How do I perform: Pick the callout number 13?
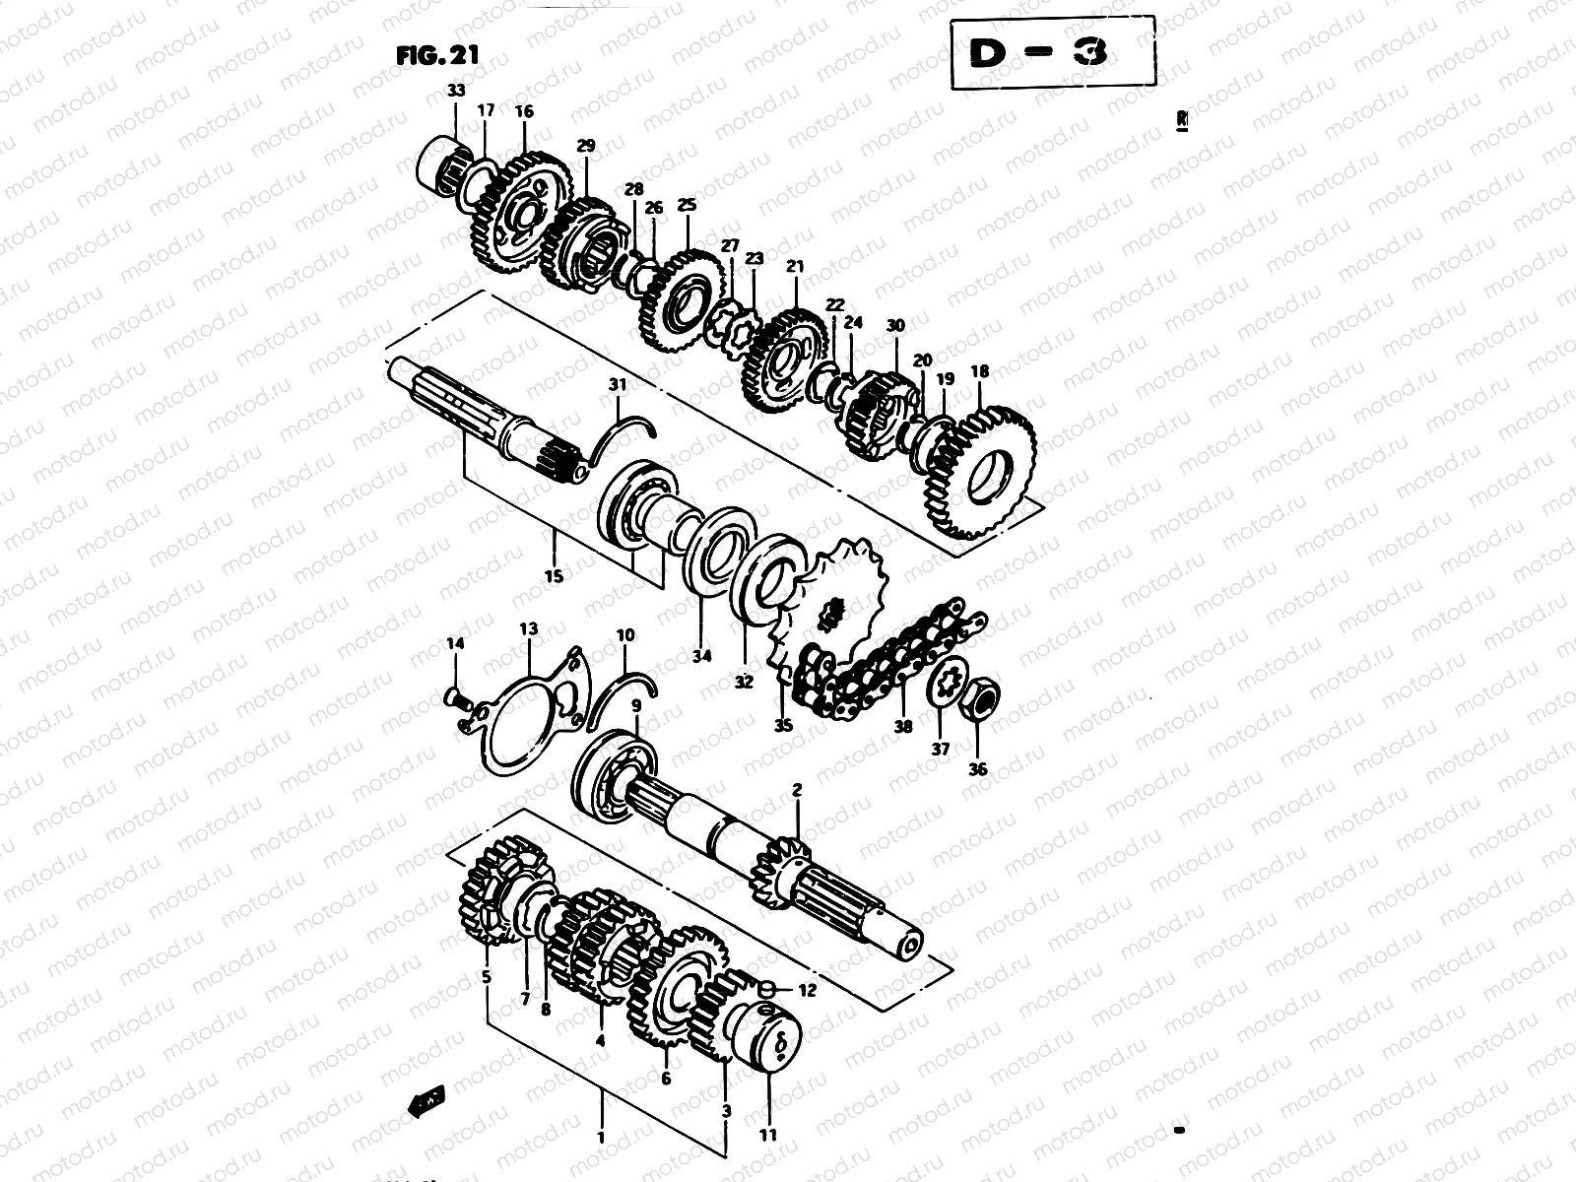pos(529,628)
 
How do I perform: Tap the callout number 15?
pos(554,576)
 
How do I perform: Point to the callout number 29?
pos(586,146)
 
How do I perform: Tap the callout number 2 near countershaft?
pos(797,789)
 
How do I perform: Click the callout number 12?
pos(807,991)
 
